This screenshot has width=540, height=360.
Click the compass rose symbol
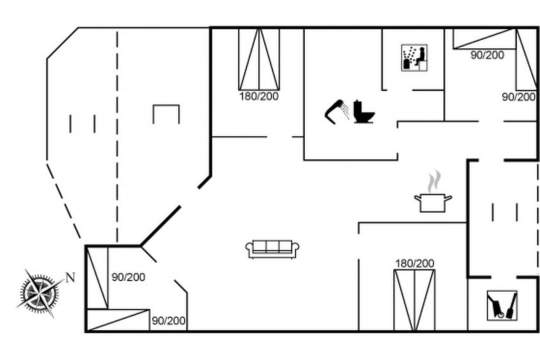coord(39,294)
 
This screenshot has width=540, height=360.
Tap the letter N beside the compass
coord(70,277)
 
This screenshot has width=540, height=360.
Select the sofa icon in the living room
coord(272,248)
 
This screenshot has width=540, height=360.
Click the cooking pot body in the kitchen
coord(433,203)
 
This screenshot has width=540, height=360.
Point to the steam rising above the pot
coord(434,181)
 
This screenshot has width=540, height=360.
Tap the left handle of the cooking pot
coord(417,198)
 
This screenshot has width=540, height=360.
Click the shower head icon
coord(336,111)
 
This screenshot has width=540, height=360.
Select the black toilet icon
coord(364,112)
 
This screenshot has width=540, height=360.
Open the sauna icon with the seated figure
coord(415,57)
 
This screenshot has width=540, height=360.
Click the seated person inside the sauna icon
coord(420,56)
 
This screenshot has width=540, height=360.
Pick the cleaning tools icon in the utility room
coord(502,306)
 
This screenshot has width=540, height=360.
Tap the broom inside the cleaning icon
coord(512,306)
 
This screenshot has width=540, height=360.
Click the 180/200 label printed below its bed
coord(259,96)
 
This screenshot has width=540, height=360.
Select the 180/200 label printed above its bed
coord(415,264)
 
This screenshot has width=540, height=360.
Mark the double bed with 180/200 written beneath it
coord(259,59)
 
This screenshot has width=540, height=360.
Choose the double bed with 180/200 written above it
coord(415,300)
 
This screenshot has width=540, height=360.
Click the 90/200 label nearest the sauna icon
coord(487,55)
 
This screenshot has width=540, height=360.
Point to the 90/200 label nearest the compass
coord(128,277)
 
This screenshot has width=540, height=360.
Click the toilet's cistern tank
coord(358,104)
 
